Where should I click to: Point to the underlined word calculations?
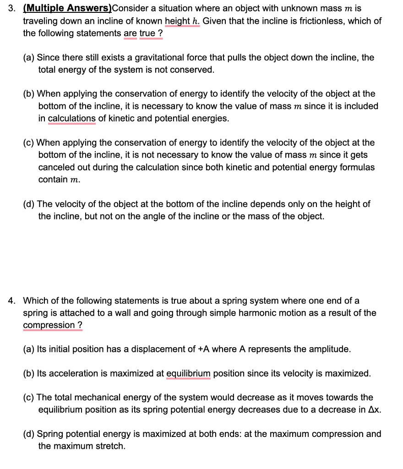click(x=71, y=118)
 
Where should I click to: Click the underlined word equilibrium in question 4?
click(x=188, y=373)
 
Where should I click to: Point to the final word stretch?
click(x=109, y=446)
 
